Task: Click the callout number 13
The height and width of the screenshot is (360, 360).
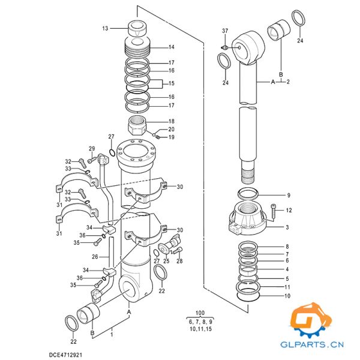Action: [106, 28]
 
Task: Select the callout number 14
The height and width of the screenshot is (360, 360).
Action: [171, 47]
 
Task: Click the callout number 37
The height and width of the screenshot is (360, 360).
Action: [225, 31]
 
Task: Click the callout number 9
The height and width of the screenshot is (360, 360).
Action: [288, 196]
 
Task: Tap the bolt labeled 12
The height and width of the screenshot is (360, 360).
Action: [274, 210]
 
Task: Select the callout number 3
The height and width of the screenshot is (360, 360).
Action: [287, 227]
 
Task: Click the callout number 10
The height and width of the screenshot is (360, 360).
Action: [287, 296]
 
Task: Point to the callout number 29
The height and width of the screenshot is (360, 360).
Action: [92, 149]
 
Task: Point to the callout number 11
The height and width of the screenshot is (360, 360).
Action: [287, 287]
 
